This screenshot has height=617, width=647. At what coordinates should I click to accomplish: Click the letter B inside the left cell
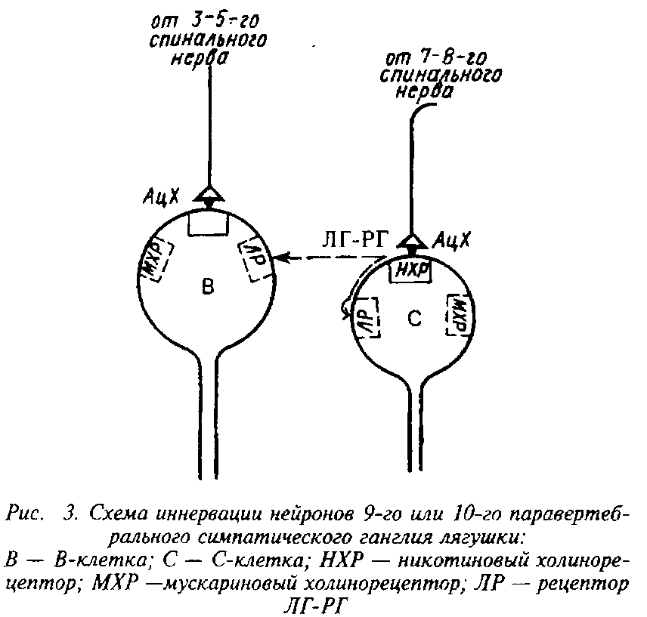pyautogui.click(x=209, y=286)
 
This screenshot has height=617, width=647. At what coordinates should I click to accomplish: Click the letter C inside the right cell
pyautogui.click(x=413, y=319)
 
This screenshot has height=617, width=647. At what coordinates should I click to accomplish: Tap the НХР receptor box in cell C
pyautogui.click(x=410, y=270)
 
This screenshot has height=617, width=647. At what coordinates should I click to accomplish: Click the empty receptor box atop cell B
pyautogui.click(x=208, y=223)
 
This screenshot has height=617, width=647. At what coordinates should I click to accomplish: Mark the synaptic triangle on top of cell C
pyautogui.click(x=411, y=241)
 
